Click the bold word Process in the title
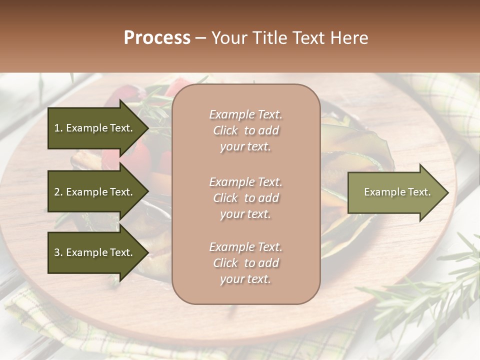pos(157,38)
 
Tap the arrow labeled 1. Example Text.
pos(95,128)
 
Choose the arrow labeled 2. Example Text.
pos(95,192)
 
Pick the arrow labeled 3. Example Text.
pos(95,252)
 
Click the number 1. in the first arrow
pos(58,128)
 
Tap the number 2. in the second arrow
pos(58,192)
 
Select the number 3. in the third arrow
pos(58,252)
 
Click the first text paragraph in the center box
pos(245,130)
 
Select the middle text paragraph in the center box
pos(245,198)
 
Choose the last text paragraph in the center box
pos(245,263)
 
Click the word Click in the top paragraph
pos(225,130)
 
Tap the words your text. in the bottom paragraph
pos(245,279)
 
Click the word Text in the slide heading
pos(306,38)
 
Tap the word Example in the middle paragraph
pos(231,182)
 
